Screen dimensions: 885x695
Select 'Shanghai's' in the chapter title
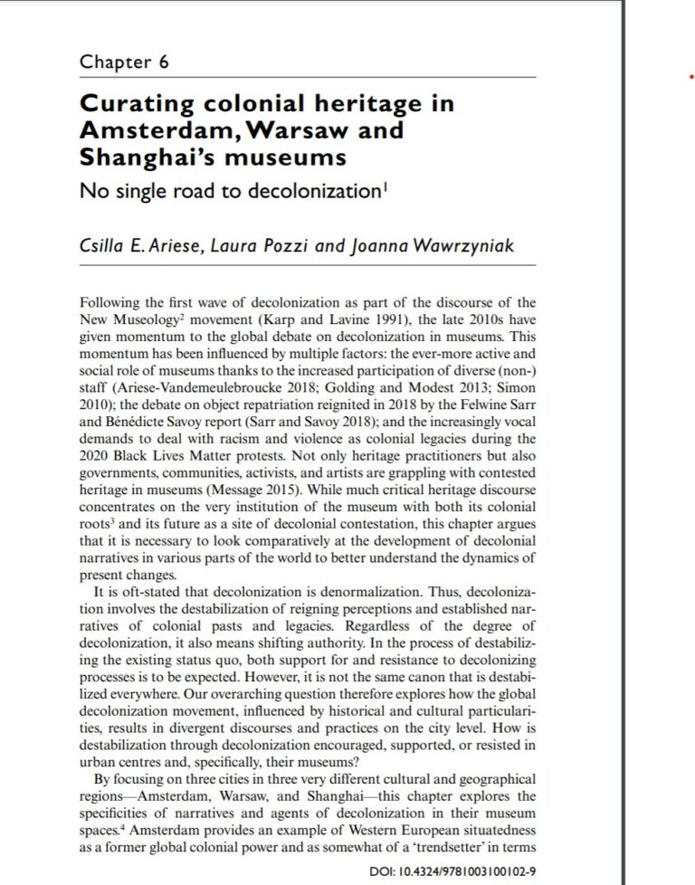[x=145, y=157]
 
